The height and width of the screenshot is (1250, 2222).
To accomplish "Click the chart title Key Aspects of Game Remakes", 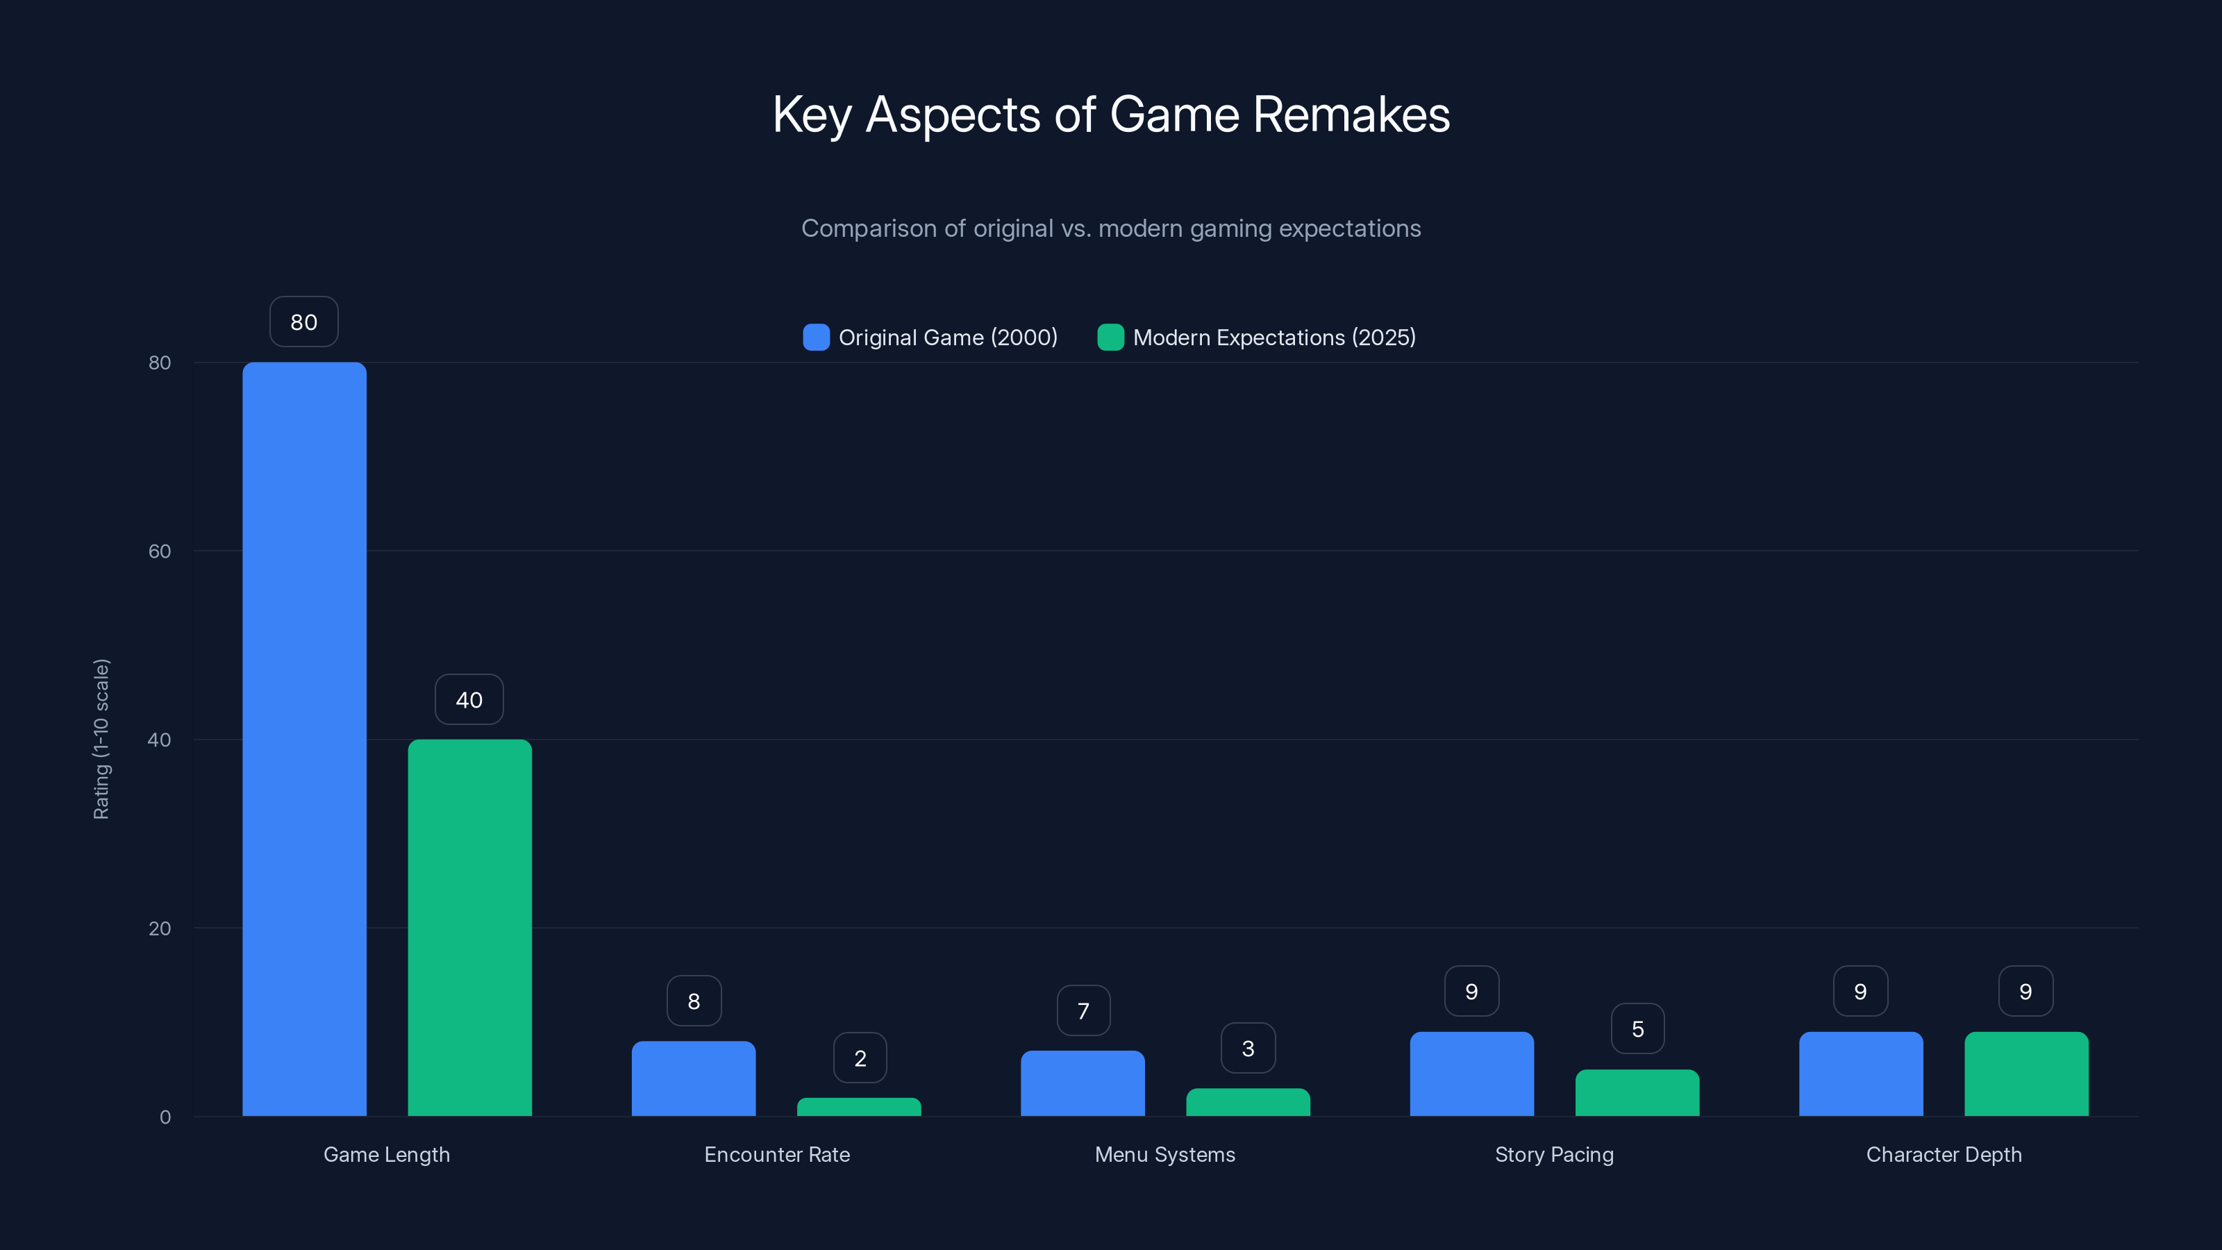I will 1111,115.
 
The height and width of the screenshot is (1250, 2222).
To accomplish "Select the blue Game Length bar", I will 305,738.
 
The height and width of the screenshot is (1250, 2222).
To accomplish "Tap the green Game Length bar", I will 469,927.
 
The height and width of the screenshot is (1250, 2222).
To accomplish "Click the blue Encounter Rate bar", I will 694,1078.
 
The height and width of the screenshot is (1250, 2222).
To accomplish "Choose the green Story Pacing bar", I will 1637,1093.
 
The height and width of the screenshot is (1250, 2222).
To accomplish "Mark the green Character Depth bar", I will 2026,1074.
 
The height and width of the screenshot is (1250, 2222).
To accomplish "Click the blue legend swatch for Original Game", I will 816,337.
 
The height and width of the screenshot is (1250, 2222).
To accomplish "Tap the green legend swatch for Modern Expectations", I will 1110,337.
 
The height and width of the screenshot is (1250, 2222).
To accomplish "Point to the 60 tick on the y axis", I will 160,551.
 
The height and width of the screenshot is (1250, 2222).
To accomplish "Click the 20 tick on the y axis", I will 160,928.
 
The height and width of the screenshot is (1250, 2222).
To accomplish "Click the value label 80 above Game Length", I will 303,322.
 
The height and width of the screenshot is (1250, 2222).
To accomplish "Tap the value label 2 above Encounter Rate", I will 860,1058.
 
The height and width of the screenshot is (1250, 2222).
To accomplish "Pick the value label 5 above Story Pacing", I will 1637,1029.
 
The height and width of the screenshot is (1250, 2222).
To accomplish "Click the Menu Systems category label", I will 1164,1154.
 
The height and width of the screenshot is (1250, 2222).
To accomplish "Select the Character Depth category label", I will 1944,1154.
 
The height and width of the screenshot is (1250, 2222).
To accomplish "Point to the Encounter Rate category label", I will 776,1154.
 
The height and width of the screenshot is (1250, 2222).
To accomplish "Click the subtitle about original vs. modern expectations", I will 1111,228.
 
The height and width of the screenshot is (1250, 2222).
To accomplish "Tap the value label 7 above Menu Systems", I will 1083,1011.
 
